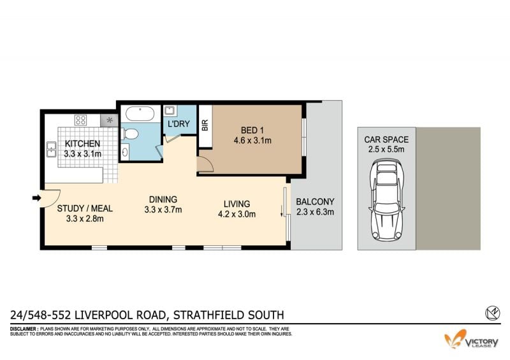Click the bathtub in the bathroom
(140, 113)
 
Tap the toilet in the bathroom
(130, 134)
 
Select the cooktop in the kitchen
(81, 120)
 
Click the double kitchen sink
(51, 149)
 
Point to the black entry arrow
(36, 198)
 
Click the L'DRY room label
(178, 124)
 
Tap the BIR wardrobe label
(205, 125)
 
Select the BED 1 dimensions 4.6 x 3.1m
(252, 141)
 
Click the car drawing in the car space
(387, 199)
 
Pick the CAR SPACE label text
(386, 140)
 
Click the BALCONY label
(315, 202)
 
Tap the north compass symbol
(492, 313)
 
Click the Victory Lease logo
(471, 339)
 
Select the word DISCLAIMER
(24, 329)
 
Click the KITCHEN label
(82, 143)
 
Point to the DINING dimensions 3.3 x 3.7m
(163, 210)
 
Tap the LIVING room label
(237, 204)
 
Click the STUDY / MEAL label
(85, 208)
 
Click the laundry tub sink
(170, 111)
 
